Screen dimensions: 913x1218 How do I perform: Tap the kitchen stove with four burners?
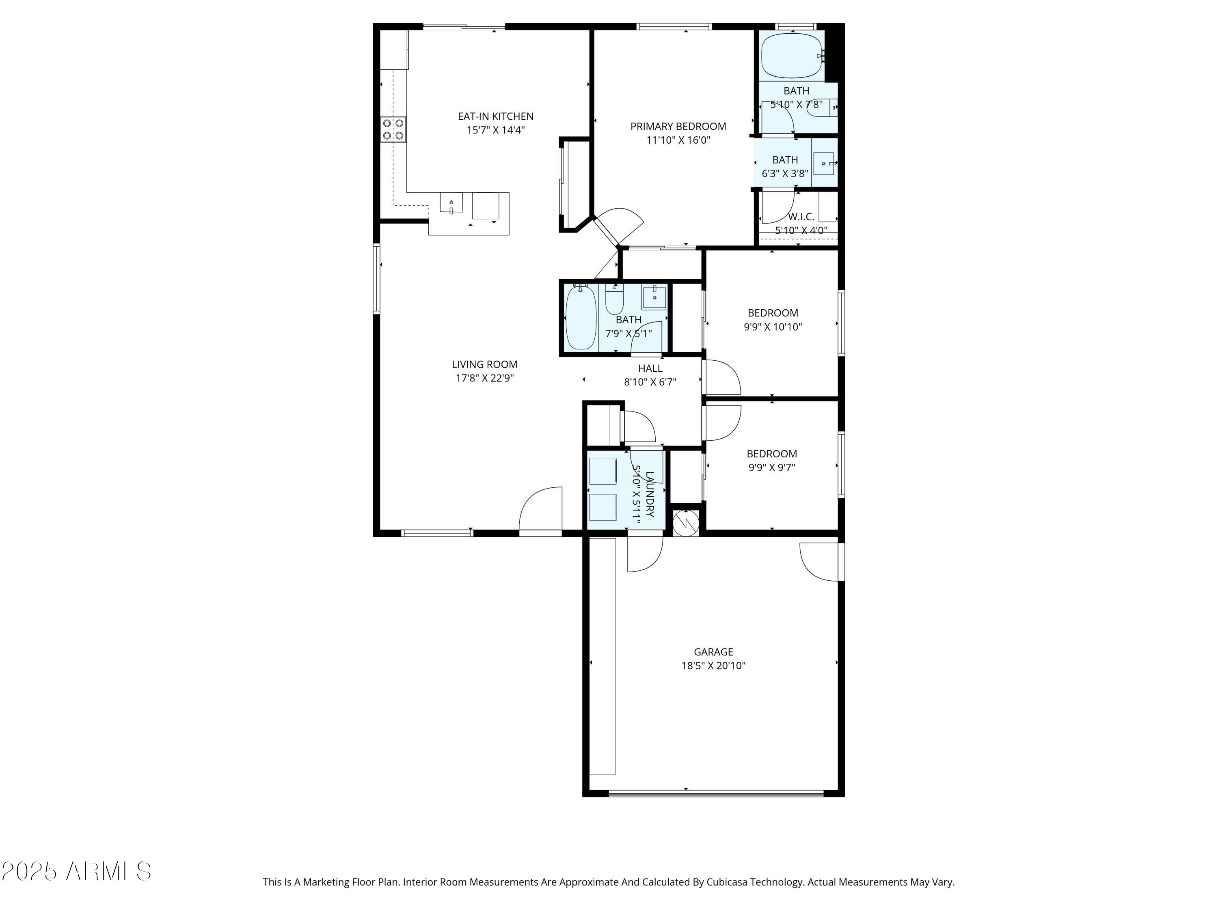click(x=393, y=130)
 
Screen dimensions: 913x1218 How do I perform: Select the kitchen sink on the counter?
click(x=451, y=202)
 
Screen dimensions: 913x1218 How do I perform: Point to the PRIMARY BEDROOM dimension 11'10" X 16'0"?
click(x=678, y=140)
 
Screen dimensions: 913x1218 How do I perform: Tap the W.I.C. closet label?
click(x=801, y=217)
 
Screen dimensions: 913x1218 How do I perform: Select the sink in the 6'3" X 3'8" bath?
click(x=824, y=164)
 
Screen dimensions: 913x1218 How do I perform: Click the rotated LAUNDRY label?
click(x=649, y=494)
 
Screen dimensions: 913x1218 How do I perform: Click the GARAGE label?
click(x=713, y=652)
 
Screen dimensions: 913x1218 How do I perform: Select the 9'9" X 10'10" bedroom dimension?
click(x=773, y=326)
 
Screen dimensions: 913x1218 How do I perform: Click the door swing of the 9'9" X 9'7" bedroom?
click(x=722, y=423)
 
